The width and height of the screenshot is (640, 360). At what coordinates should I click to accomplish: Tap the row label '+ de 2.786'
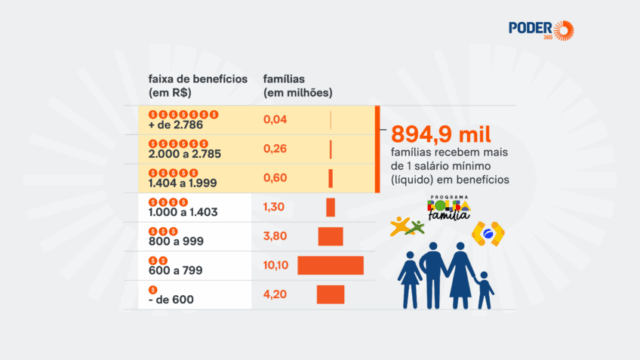coord(173,127)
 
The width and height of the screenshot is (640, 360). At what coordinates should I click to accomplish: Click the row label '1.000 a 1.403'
coord(181,213)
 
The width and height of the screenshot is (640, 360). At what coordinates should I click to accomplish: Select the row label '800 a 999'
coord(172,242)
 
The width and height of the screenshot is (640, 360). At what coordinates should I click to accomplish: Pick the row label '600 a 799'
coord(172,271)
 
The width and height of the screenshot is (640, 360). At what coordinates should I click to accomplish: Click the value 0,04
coord(275,120)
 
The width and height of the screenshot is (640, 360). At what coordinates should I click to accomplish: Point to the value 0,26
coord(275,149)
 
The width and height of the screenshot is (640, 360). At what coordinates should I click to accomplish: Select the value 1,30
coord(275,207)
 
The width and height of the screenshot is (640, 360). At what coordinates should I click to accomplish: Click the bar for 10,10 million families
coord(330,265)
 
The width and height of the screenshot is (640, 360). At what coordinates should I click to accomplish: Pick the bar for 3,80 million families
coord(330,236)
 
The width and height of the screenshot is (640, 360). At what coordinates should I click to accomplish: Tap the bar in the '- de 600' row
coord(330,294)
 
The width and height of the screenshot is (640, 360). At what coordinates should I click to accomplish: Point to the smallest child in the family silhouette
coord(485,291)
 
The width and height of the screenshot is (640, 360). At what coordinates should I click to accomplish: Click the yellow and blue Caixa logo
coord(490,234)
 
